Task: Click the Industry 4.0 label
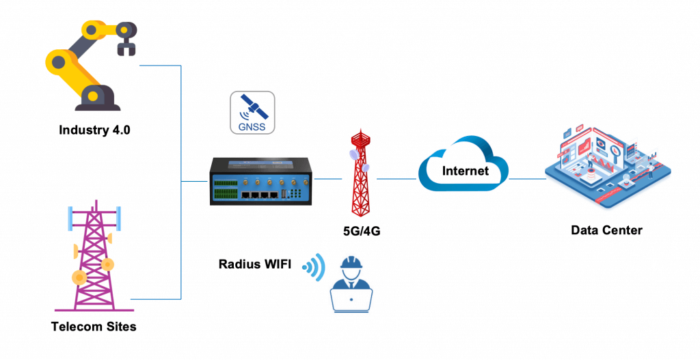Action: (x=94, y=130)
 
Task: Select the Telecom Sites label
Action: (x=94, y=327)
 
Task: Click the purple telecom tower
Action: (x=94, y=260)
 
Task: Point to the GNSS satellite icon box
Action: (x=252, y=113)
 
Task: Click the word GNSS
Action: (x=252, y=126)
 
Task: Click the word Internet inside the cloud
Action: (x=465, y=171)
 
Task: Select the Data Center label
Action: (x=606, y=230)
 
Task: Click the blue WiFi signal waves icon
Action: (x=314, y=267)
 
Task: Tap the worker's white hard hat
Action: (x=352, y=263)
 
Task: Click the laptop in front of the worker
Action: (x=351, y=299)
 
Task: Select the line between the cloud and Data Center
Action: (x=527, y=180)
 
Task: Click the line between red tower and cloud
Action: (x=396, y=180)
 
